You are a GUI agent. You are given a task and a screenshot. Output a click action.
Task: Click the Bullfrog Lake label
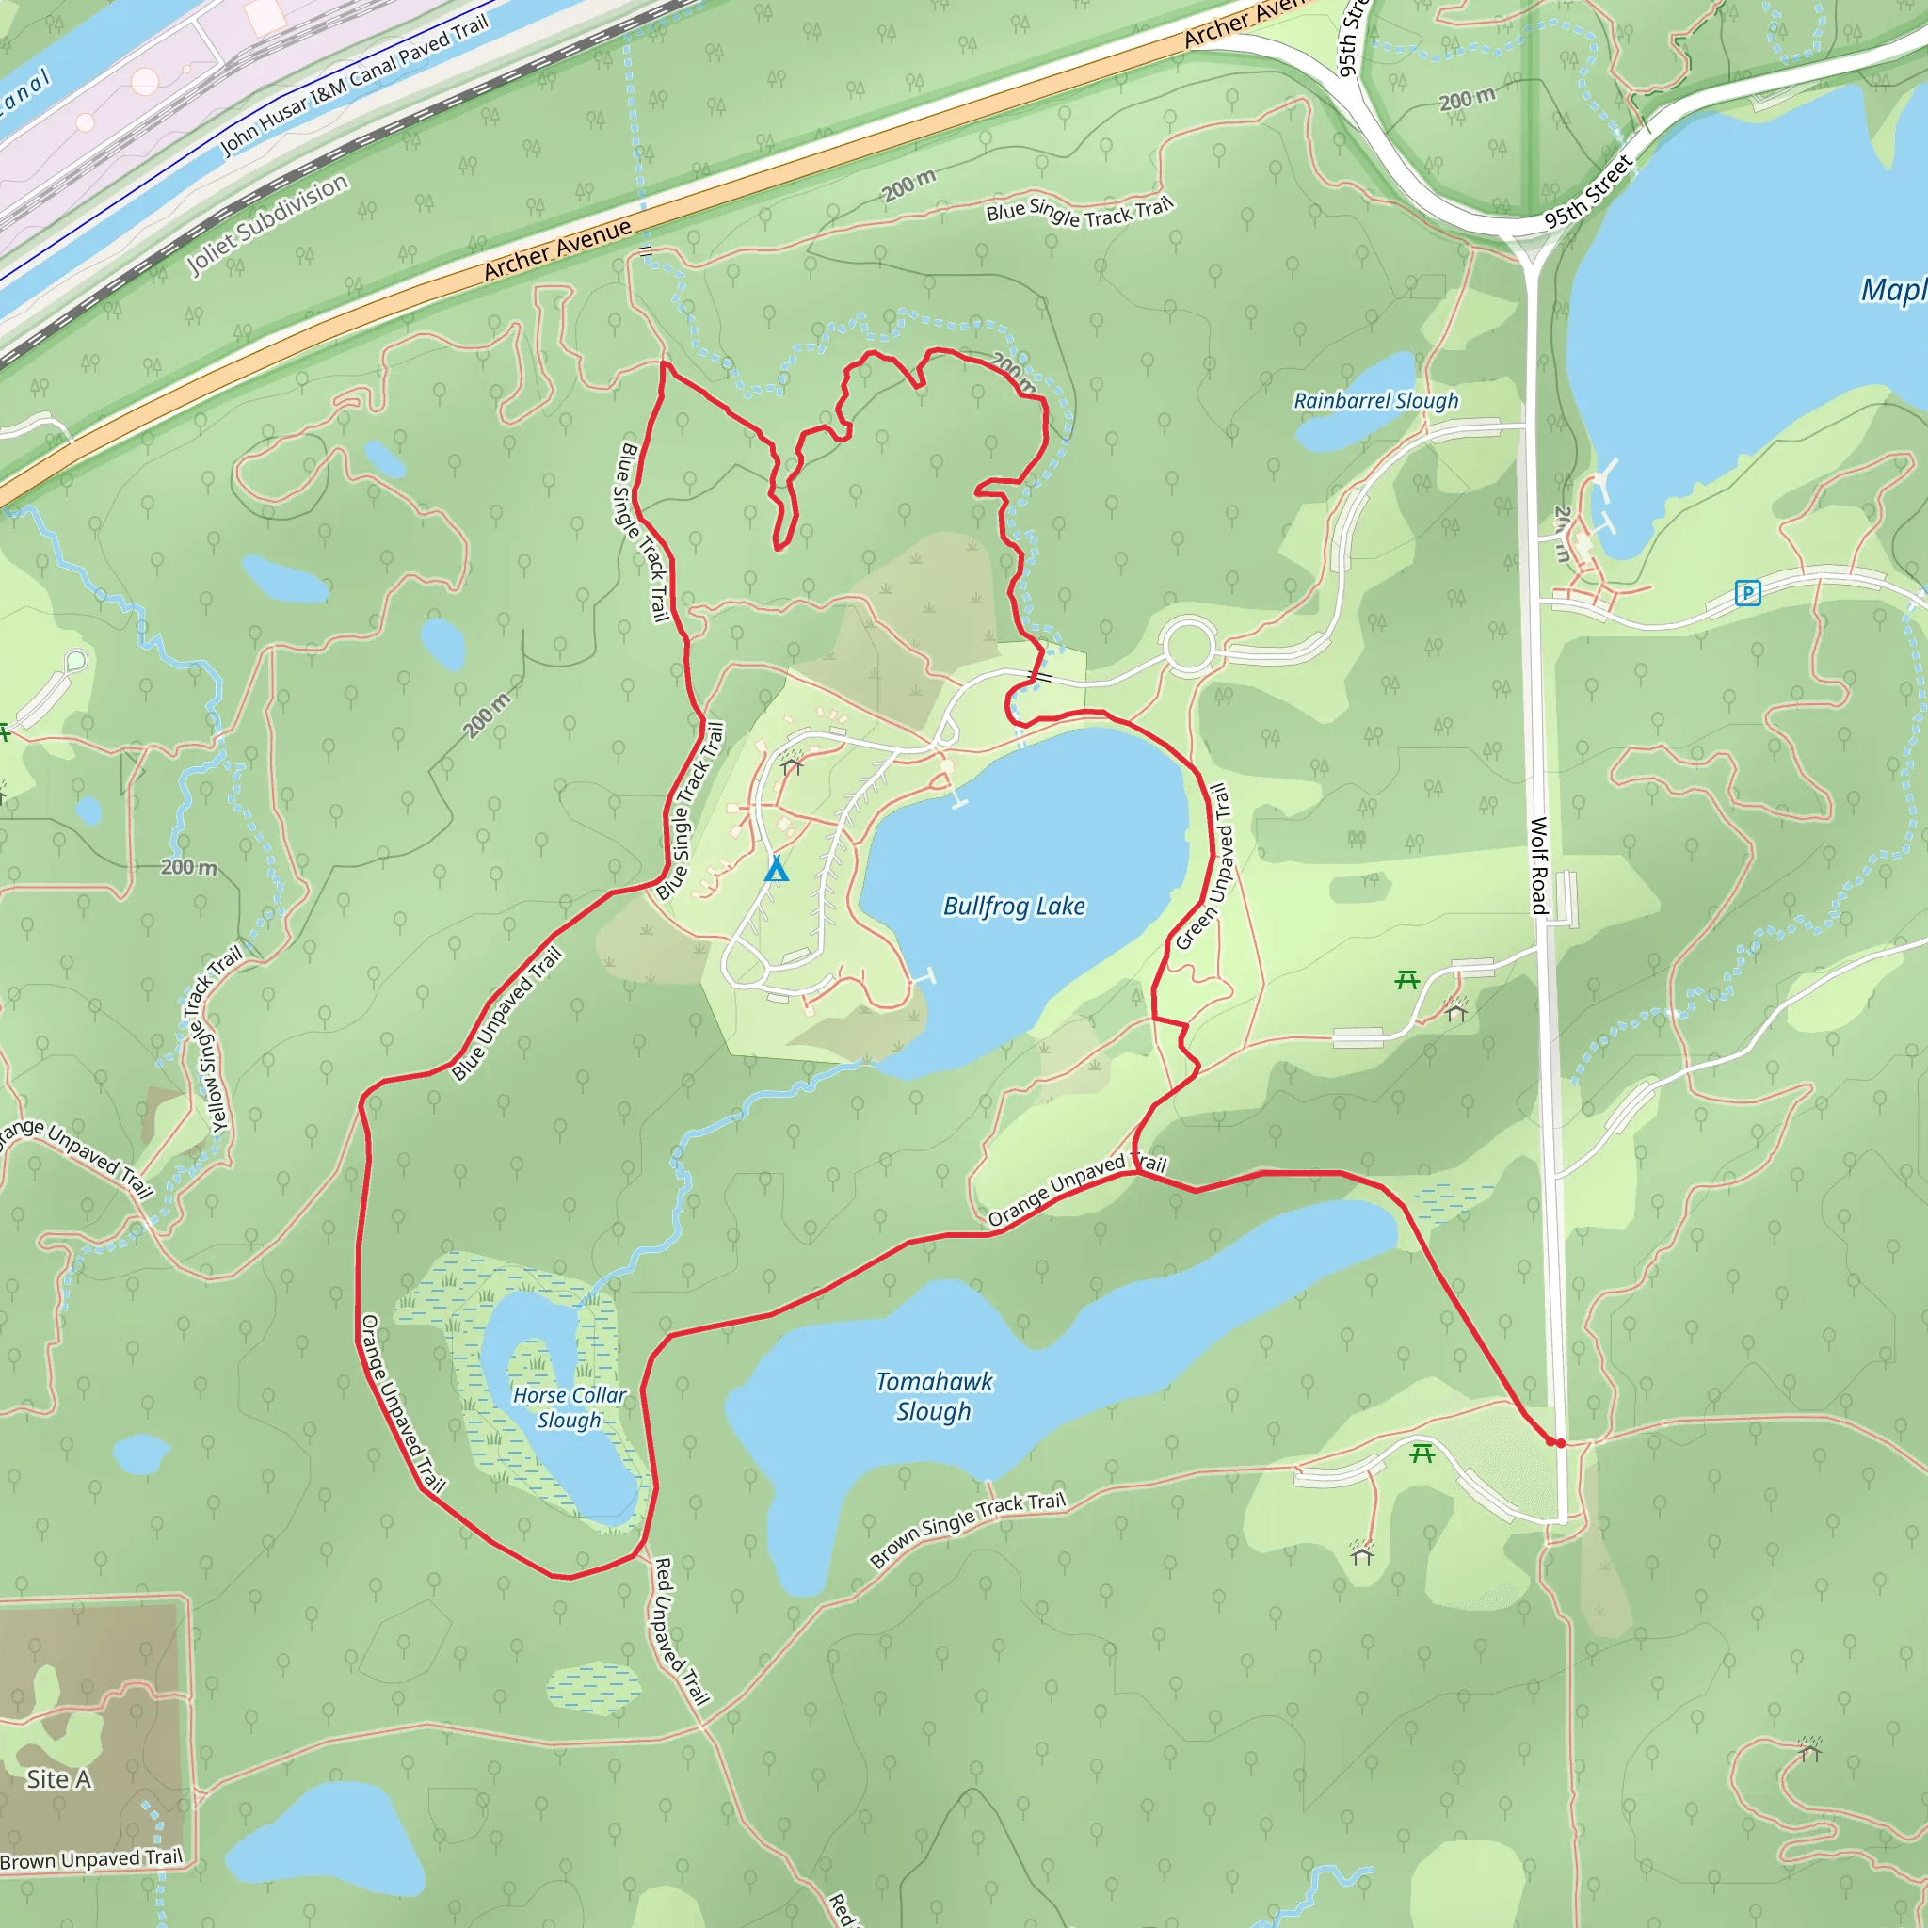[x=1014, y=907]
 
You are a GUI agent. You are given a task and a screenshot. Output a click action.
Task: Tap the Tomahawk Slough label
[x=934, y=1396]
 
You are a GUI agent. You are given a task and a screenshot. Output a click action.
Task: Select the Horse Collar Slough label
[x=570, y=1407]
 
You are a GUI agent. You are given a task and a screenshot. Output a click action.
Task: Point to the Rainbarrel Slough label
[x=1376, y=401]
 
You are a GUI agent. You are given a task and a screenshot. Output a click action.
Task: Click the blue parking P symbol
[x=1747, y=594]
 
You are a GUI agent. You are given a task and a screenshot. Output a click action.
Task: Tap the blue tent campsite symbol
[x=777, y=869]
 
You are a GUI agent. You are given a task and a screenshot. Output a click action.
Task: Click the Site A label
[x=59, y=1779]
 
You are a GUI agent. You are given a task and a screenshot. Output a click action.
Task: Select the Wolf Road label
[x=1539, y=865]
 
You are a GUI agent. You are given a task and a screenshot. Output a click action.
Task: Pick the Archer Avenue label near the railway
[x=558, y=249]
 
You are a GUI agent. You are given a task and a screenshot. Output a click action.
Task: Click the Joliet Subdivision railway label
[x=268, y=225]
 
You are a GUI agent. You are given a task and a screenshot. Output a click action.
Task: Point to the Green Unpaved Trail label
[x=1201, y=867]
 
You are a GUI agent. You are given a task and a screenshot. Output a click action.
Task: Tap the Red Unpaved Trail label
[x=681, y=1631]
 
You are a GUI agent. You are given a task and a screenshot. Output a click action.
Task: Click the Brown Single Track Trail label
[x=968, y=1530]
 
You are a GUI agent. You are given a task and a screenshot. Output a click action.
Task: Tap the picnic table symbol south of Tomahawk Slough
[x=1422, y=1454]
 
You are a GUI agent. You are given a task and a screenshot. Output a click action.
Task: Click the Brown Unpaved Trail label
[x=92, y=1859]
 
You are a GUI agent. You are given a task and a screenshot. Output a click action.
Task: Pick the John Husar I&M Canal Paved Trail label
[x=354, y=86]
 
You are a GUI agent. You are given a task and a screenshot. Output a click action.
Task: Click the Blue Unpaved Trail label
[x=507, y=1014]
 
